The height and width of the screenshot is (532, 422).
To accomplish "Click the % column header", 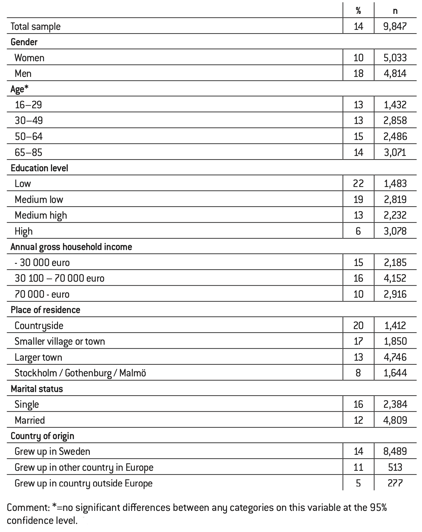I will point(358,11).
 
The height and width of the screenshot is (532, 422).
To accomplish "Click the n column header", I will point(395,11).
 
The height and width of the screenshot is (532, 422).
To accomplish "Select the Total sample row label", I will point(36,27).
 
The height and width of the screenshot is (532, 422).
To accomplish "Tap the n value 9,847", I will point(395,27).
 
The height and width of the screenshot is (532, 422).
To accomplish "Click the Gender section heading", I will point(24,42).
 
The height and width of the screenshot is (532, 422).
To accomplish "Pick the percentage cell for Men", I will point(358,74).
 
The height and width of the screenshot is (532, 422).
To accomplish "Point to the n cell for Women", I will point(395,58).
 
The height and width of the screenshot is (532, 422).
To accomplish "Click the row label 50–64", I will point(29,137).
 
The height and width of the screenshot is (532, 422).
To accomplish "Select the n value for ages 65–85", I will point(395,152).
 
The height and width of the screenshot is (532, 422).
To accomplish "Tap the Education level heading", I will point(39,168).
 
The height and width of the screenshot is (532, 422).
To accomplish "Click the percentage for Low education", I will point(358,184).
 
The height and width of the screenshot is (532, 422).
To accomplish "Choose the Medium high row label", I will point(41,215).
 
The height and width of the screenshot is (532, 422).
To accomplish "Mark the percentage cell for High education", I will point(358,231).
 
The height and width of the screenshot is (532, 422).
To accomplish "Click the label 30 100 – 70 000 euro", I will point(59,278).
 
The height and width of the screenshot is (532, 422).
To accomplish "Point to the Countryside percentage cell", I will point(358,326).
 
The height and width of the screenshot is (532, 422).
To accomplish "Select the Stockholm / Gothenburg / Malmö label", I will point(80,373).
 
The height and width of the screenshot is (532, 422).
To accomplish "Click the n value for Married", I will point(395,420).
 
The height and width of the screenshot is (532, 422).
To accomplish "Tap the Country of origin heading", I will point(43,436).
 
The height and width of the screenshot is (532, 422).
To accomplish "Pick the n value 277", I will point(395,483).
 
